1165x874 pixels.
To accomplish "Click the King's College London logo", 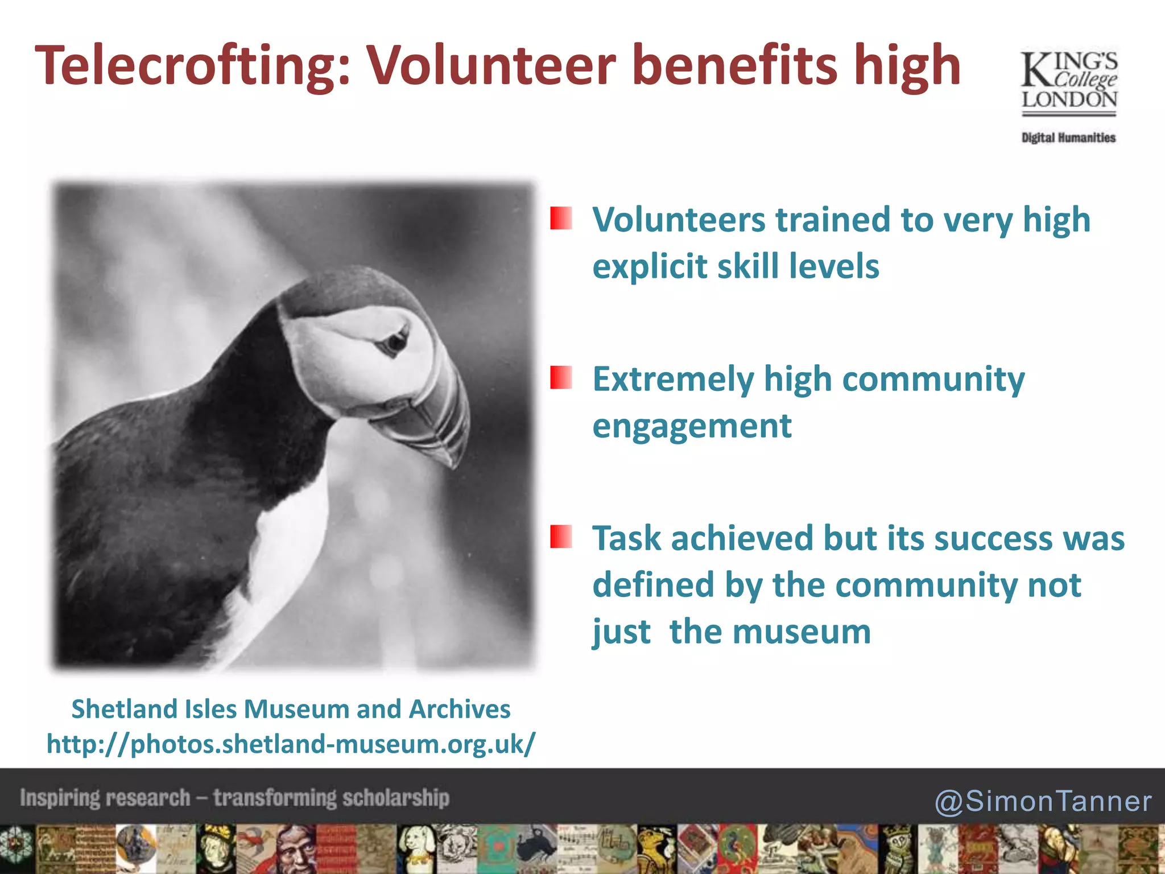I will pos(1069,83).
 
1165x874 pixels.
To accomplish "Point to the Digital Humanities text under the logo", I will pos(1068,138).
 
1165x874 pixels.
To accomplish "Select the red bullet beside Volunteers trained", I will pos(561,218).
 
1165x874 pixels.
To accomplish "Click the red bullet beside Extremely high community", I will pos(561,378).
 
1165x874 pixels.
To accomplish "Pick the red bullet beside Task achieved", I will pos(561,537).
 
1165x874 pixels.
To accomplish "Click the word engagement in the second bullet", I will pos(692,427).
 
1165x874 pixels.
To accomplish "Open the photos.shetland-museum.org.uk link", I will pos(291,744).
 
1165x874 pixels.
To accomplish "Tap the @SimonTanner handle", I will pos(1043,801).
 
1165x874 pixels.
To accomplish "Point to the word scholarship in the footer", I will pos(396,798).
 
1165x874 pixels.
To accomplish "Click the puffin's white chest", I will pos(284,558).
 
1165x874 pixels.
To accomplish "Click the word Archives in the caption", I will pos(460,709).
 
